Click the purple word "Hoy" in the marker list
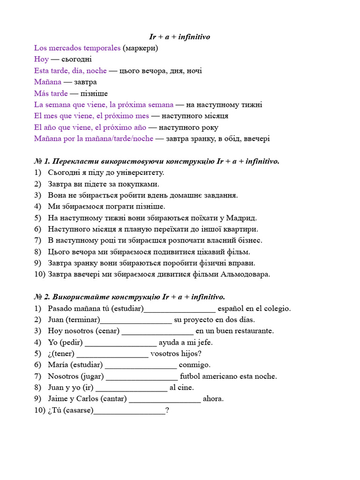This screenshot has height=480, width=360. pos(41,59)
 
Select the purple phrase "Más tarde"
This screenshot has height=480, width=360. pos(51,93)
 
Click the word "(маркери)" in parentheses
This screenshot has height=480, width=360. pos(140,48)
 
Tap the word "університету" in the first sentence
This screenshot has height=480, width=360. pos(138,172)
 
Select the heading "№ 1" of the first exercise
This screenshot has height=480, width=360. pos(41,161)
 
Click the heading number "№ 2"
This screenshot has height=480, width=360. pos(41,297)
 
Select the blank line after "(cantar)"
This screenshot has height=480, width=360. pos(165,399)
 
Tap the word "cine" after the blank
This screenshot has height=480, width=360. pos(186,388)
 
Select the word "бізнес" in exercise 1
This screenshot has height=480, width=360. pos(250,240)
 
